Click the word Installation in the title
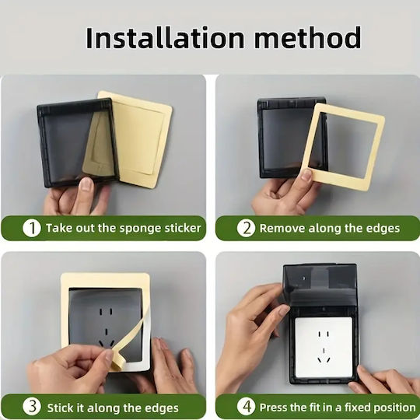[x=165, y=38]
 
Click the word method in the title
[x=308, y=38]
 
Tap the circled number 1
[x=32, y=228]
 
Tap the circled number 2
[x=246, y=228]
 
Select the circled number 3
[x=32, y=406]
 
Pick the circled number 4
[x=246, y=406]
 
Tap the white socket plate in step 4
[x=324, y=347]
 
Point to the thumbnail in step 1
[x=86, y=184]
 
